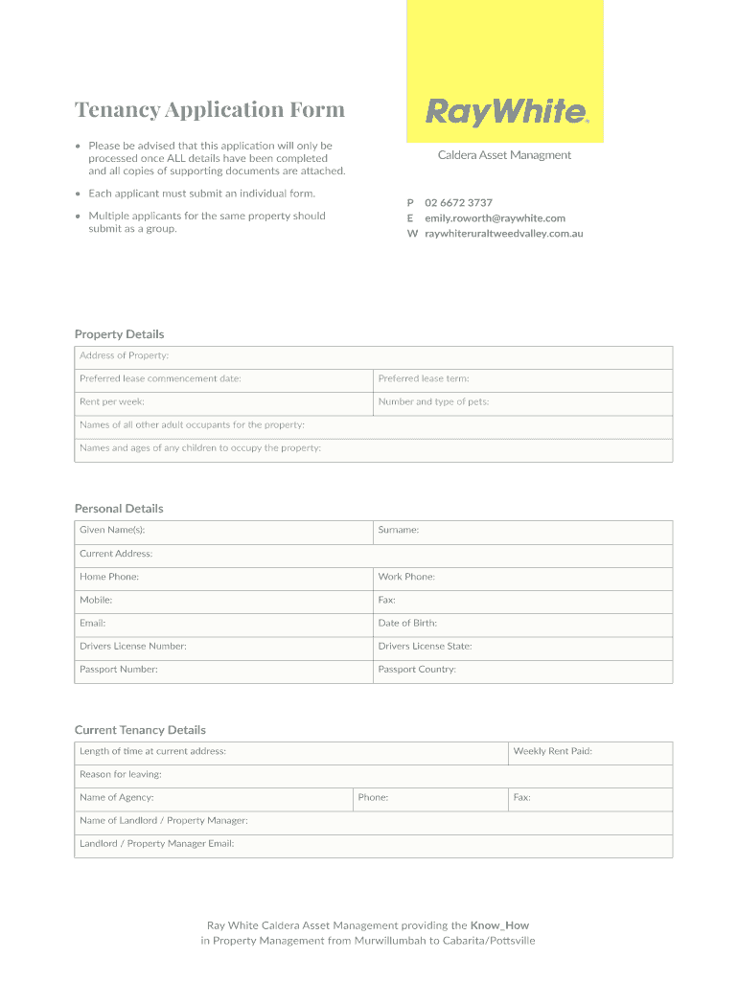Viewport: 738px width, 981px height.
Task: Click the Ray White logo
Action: pos(505,112)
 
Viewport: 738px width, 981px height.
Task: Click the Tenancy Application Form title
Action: pos(210,109)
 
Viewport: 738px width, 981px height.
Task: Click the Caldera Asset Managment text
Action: pos(504,155)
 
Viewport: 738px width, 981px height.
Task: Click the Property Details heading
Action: pos(120,334)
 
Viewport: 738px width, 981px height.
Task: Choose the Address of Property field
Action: pos(374,356)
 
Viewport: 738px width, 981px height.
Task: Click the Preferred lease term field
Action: pos(522,379)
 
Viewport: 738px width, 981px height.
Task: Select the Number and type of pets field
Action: pos(522,402)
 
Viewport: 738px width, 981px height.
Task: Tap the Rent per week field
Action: pos(223,402)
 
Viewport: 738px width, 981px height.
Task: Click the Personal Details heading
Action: pos(119,509)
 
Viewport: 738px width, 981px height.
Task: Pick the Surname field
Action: pos(522,531)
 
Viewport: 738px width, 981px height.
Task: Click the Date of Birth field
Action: pos(522,624)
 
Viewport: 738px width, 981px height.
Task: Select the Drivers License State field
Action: pos(522,647)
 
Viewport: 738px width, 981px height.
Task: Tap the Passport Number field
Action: pos(223,670)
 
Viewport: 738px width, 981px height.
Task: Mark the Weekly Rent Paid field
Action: pos(590,752)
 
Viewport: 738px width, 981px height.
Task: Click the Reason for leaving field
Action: pos(374,775)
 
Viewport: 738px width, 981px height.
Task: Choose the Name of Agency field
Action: pos(213,798)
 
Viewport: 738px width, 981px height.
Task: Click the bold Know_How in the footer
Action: pos(499,925)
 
